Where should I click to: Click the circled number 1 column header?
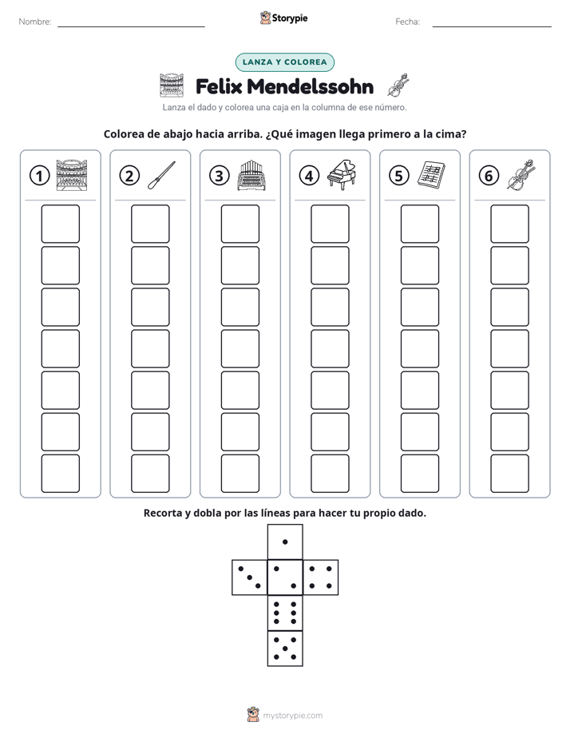(39, 176)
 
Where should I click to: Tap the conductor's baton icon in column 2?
(161, 175)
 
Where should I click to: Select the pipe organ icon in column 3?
(251, 175)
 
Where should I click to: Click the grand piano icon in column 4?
(342, 174)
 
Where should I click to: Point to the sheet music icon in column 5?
(431, 175)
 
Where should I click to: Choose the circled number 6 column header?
(489, 176)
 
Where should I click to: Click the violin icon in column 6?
(521, 175)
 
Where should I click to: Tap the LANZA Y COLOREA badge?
(284, 62)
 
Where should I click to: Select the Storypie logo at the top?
(284, 18)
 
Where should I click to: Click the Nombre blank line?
(131, 27)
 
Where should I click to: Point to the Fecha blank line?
(492, 27)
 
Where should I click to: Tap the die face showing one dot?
(285, 542)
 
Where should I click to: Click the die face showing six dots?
(285, 613)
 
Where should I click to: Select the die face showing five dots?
(285, 649)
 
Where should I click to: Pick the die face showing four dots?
(321, 577)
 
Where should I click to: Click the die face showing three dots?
(250, 577)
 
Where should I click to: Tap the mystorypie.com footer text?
(292, 716)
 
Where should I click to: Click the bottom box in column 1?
(60, 474)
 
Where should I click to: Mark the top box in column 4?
(331, 224)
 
